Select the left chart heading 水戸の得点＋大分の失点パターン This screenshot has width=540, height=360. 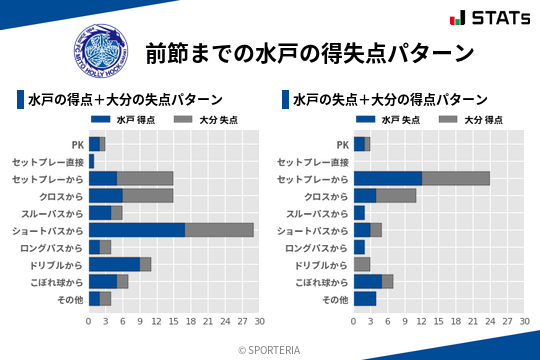tap(125, 100)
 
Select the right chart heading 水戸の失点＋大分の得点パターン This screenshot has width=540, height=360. tap(390, 100)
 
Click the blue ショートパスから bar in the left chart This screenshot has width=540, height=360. tap(137, 230)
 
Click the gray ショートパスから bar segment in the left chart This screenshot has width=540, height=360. tap(219, 230)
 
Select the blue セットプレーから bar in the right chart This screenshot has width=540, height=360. tap(388, 178)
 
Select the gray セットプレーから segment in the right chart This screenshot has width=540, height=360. tap(456, 178)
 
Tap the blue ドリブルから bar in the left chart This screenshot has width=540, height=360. tap(114, 264)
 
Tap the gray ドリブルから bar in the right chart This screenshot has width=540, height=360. tap(362, 264)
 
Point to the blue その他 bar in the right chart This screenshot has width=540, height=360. tap(365, 298)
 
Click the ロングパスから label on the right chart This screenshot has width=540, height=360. tap(316, 247)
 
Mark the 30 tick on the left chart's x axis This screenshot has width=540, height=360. tap(258, 321)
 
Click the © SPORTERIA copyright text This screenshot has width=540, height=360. tap(270, 349)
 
